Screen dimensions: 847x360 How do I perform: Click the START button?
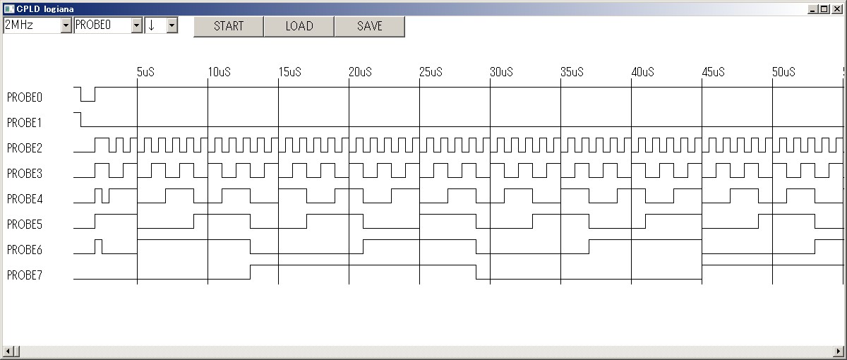229,26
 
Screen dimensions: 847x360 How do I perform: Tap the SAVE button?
369,26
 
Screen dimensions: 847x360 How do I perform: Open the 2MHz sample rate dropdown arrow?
66,25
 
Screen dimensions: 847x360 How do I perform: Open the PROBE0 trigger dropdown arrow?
136,25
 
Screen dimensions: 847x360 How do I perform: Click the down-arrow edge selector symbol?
152,25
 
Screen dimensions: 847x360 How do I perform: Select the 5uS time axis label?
145,72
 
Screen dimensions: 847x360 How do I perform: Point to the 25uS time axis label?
431,72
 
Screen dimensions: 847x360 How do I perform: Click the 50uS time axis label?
783,72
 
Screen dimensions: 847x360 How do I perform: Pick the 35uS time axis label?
572,72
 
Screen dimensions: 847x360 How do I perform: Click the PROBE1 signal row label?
24,123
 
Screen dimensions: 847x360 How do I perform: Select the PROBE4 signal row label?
25,199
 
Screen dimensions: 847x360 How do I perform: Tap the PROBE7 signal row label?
25,275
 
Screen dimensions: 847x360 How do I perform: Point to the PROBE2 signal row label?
25,148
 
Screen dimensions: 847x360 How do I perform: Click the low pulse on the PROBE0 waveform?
88,101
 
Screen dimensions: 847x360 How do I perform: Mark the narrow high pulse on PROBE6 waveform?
98,240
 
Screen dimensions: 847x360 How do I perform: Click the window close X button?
837,8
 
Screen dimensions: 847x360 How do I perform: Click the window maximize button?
824,8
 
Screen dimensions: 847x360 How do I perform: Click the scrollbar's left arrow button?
8,352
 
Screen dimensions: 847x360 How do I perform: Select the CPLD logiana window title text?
45,9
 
